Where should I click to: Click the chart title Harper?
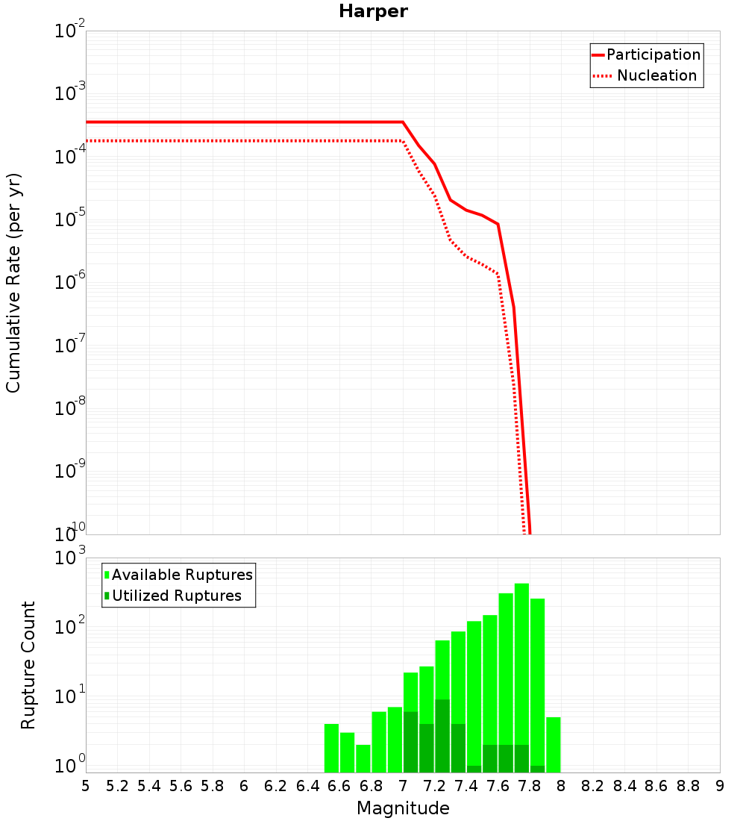click(x=373, y=11)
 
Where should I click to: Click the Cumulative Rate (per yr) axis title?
click(x=13, y=282)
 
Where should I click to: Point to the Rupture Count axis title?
click(x=28, y=664)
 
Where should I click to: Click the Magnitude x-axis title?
click(x=403, y=808)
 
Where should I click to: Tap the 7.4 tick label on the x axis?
click(x=466, y=786)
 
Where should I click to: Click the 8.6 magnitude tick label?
click(x=656, y=786)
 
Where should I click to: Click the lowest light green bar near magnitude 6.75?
click(x=363, y=758)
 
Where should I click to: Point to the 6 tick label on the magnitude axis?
click(x=244, y=786)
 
